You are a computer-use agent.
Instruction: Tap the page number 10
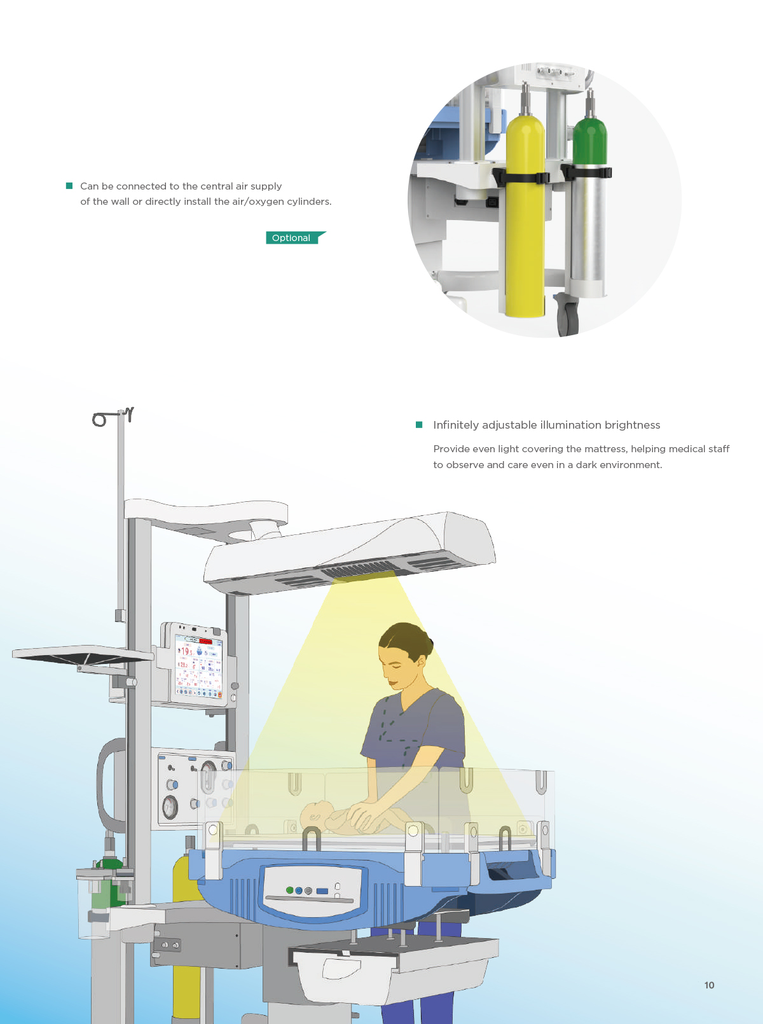pyautogui.click(x=709, y=985)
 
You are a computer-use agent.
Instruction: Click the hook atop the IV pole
pyautogui.click(x=129, y=414)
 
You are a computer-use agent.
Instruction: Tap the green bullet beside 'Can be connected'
pyautogui.click(x=69, y=186)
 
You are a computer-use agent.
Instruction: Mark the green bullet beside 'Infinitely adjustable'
pyautogui.click(x=419, y=424)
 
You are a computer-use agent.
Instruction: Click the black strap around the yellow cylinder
pyautogui.click(x=521, y=178)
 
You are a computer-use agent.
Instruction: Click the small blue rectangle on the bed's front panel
pyautogui.click(x=322, y=890)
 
